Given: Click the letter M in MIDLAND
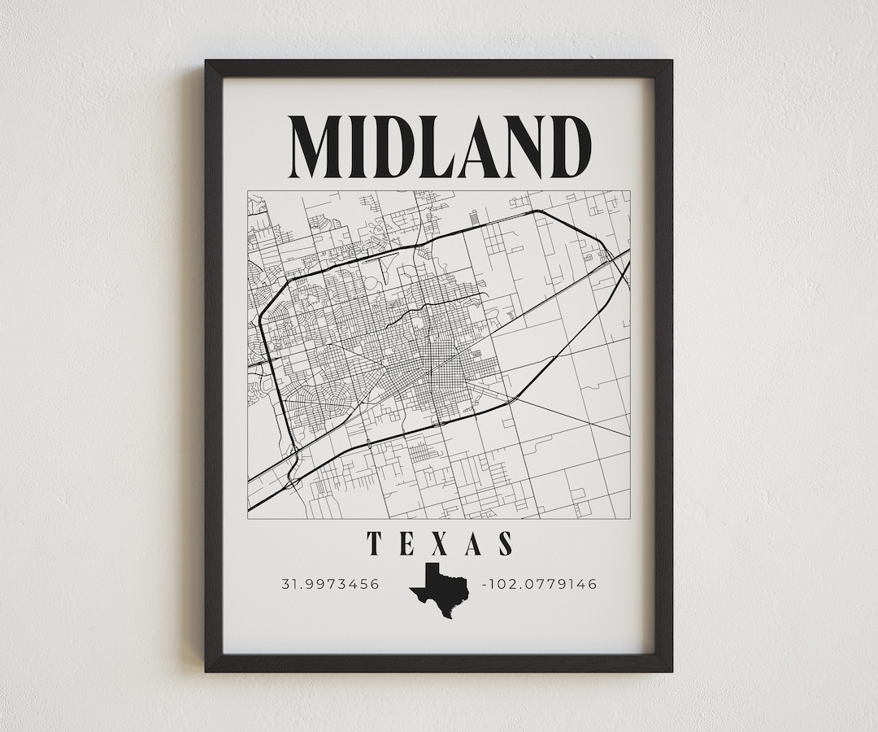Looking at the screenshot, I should (319, 147).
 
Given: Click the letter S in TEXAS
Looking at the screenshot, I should (506, 543).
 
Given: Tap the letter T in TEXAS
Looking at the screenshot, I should (375, 543).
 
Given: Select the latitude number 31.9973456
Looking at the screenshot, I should (330, 584).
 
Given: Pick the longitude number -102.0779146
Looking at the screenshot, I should (541, 584).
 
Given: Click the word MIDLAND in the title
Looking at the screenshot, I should (440, 147).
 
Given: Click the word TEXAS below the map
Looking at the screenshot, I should (440, 543).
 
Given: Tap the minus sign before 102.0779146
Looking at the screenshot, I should (485, 584).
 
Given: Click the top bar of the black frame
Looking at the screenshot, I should (439, 68).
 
